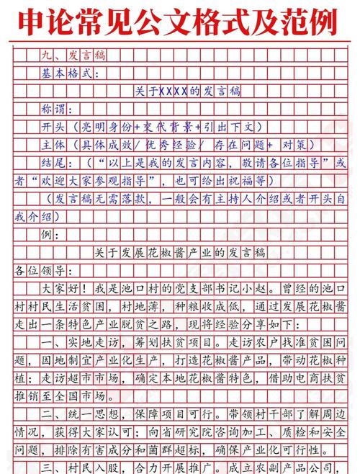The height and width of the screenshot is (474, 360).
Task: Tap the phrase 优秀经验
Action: (174, 143)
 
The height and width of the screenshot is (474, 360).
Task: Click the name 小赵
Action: (253, 288)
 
